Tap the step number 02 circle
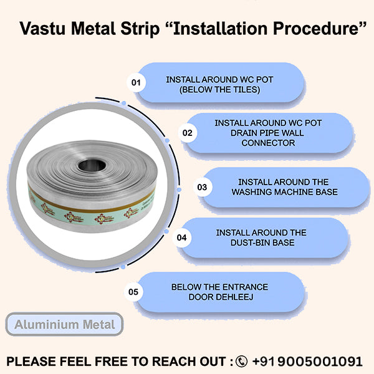pyautogui.click(x=186, y=133)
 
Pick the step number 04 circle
pyautogui.click(x=183, y=237)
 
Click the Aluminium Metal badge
pyautogui.click(x=65, y=324)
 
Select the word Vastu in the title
pyautogui.click(x=42, y=29)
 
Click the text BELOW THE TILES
pyautogui.click(x=219, y=90)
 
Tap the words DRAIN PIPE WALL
pyautogui.click(x=268, y=133)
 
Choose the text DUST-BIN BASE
pyautogui.click(x=261, y=242)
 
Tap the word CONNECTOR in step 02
pyautogui.click(x=268, y=143)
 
